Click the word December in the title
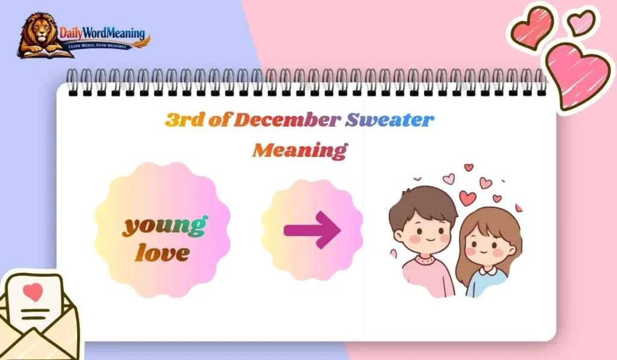pyautogui.click(x=286, y=119)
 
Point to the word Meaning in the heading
pyautogui.click(x=299, y=150)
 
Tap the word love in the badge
pyautogui.click(x=161, y=253)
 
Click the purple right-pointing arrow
pyautogui.click(x=312, y=230)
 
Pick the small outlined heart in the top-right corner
pyautogui.click(x=581, y=22)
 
